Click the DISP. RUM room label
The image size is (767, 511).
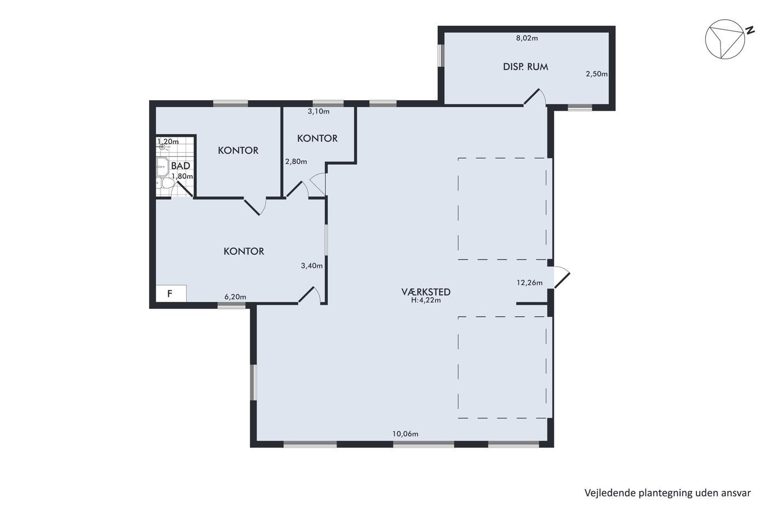(x=525, y=67)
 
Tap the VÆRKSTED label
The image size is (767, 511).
(x=426, y=292)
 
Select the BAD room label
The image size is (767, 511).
(x=180, y=165)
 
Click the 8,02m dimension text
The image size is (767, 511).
(x=527, y=38)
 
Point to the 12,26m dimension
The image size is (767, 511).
(x=529, y=283)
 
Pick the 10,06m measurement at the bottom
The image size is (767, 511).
(x=405, y=434)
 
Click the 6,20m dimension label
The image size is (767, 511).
(x=235, y=297)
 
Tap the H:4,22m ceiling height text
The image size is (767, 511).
(x=426, y=301)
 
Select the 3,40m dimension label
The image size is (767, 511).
(x=312, y=266)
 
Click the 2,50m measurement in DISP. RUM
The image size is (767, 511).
(x=597, y=74)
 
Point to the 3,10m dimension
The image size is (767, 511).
(x=318, y=111)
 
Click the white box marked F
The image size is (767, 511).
(x=171, y=294)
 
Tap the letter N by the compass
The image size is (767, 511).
(x=750, y=30)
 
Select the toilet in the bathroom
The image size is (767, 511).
(x=165, y=184)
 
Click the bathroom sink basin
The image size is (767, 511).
(x=162, y=167)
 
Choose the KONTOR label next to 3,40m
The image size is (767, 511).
(x=244, y=251)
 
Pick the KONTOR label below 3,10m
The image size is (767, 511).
(x=317, y=138)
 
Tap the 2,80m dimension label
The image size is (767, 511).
(x=296, y=162)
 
